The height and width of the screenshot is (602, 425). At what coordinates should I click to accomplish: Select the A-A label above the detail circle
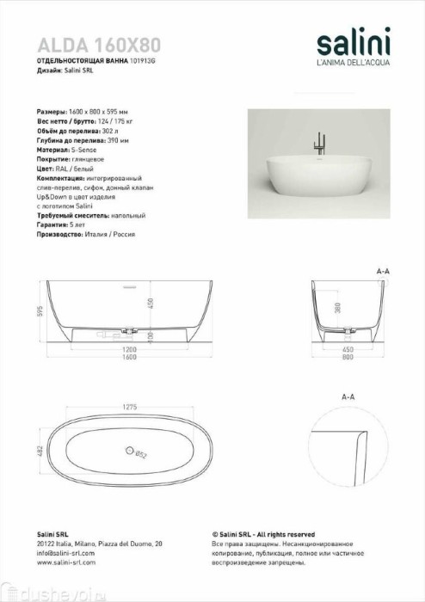(348, 397)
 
